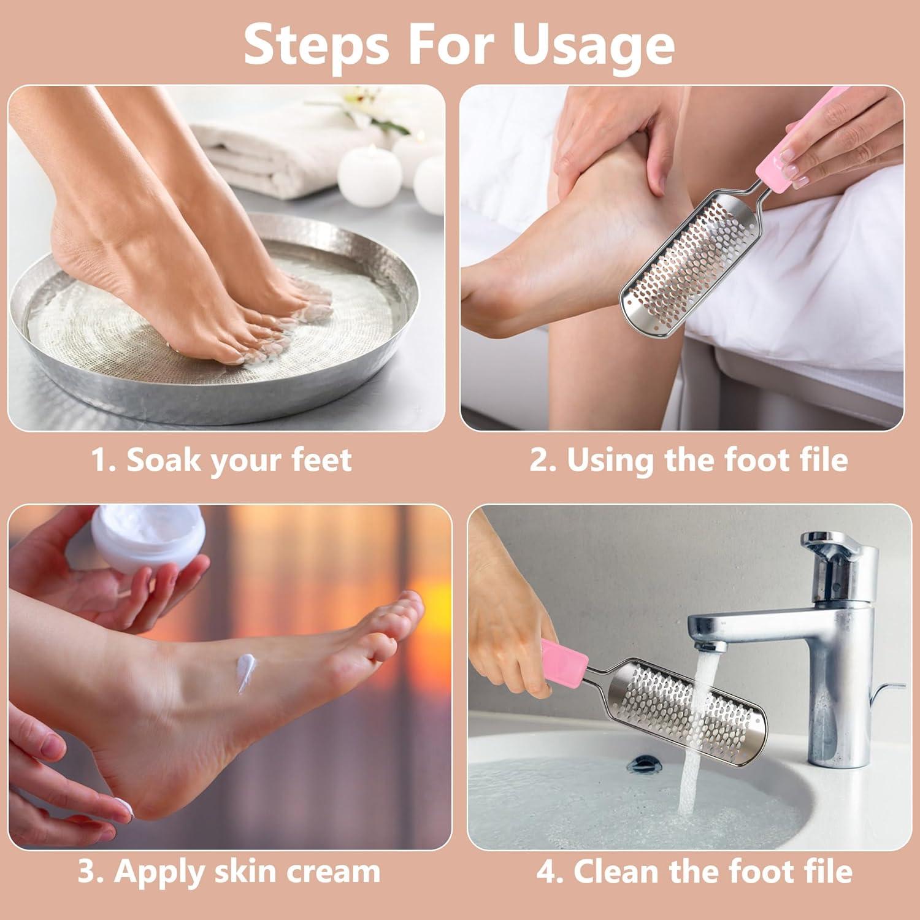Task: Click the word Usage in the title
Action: click(x=594, y=45)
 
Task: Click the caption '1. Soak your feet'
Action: click(x=221, y=460)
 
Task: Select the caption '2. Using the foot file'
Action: click(x=689, y=460)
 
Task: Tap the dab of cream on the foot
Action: click(x=246, y=673)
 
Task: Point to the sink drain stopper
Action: click(x=643, y=764)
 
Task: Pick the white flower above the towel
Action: click(x=368, y=101)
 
